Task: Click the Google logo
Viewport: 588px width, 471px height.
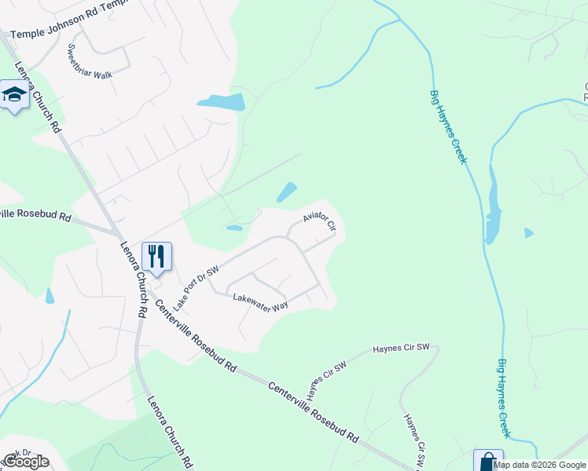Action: point(26,461)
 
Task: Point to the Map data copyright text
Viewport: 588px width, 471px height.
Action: point(539,465)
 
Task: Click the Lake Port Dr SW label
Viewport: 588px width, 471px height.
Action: point(195,276)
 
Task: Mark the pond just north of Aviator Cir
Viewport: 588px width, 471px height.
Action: point(286,192)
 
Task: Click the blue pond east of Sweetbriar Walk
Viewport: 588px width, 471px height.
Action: point(222,101)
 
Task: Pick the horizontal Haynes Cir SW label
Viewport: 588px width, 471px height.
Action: point(401,347)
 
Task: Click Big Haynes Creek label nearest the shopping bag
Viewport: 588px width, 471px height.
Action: point(504,398)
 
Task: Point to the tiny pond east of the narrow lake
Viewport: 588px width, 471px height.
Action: point(528,232)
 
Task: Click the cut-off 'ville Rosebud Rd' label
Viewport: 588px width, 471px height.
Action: point(36,215)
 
